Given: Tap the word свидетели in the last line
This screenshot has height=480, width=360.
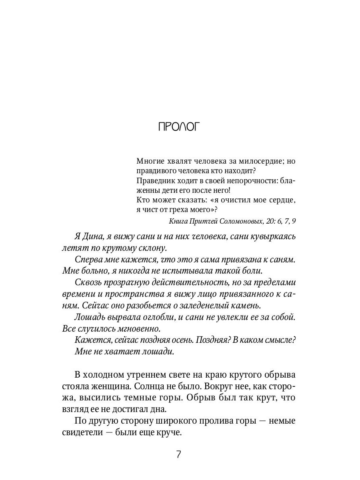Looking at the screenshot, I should (x=84, y=433).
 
